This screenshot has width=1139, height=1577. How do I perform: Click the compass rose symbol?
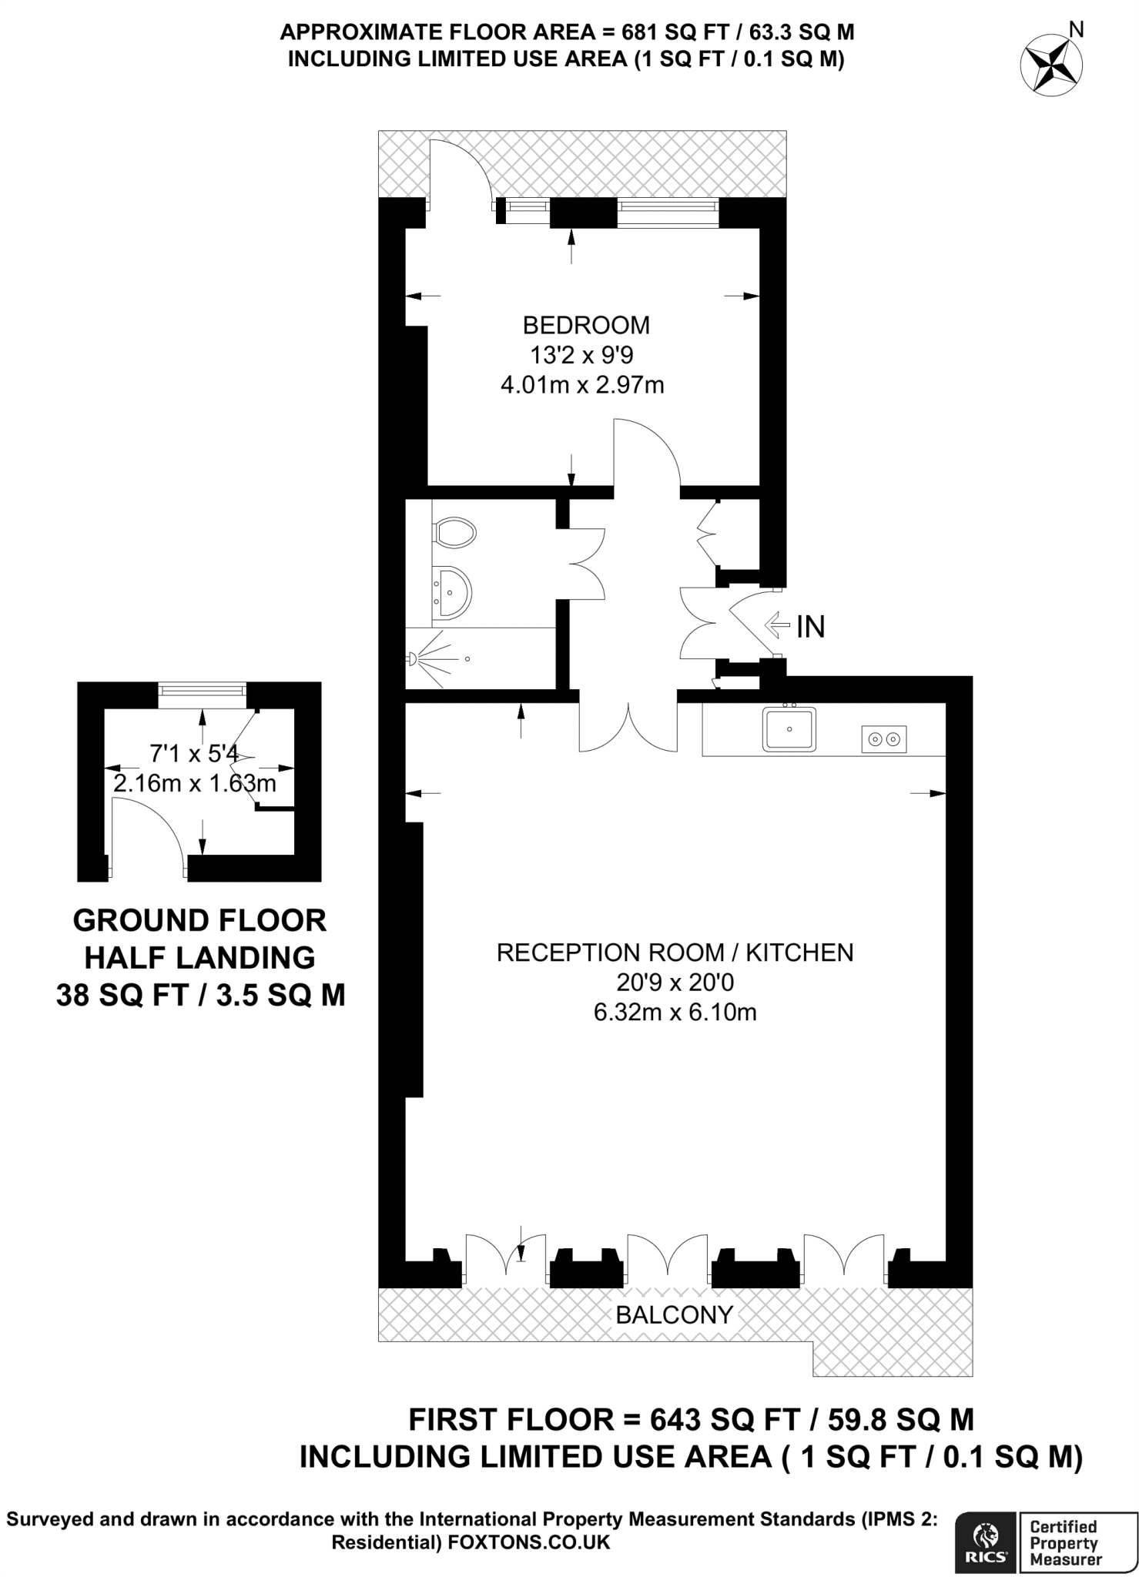1052,65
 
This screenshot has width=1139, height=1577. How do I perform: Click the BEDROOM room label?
586,325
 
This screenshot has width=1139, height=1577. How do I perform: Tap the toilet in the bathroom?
454,531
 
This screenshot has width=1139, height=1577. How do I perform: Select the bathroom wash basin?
451,592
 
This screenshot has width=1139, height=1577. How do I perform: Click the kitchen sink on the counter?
789,728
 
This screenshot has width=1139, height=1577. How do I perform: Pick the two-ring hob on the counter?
883,738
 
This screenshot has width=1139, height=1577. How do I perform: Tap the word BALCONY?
674,1314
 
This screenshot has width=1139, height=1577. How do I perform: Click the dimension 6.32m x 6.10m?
675,1012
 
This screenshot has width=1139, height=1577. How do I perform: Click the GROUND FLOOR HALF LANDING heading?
200,939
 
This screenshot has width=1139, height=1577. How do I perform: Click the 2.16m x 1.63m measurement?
195,784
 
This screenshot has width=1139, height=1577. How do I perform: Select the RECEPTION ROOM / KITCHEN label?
675,953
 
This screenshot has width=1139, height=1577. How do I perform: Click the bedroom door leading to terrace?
461,173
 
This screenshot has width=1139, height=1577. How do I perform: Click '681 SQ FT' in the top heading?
662,32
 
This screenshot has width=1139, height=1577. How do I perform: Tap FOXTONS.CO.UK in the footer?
528,1542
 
